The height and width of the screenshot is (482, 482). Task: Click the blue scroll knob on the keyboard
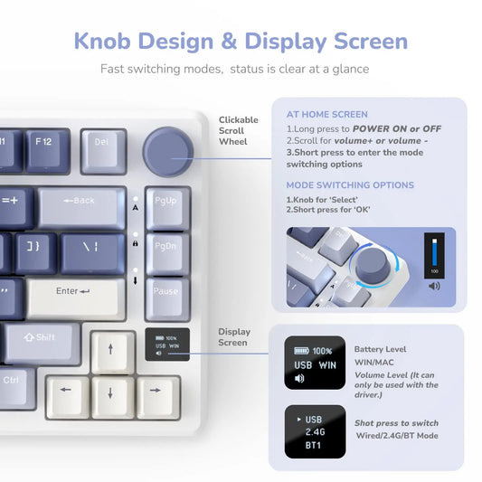coord(166,148)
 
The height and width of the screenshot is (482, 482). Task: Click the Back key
coord(81,204)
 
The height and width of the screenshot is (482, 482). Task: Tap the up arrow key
coord(112,348)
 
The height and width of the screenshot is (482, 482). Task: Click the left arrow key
coord(66,393)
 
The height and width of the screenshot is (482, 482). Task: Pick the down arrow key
coord(112,393)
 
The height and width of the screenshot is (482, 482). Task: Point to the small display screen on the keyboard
coord(167,345)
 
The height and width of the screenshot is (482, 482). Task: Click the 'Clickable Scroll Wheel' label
coord(238,130)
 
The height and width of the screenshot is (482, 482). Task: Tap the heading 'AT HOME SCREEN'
coord(326,115)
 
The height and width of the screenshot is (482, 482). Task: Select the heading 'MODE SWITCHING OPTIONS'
coord(350,185)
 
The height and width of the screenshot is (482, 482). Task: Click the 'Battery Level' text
coord(380,349)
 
